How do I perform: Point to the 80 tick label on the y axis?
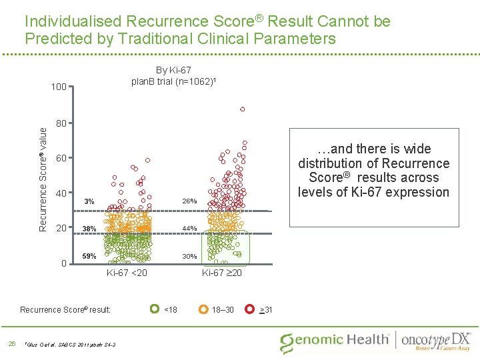pyautogui.click(x=61, y=123)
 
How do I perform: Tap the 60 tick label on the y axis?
pyautogui.click(x=61, y=159)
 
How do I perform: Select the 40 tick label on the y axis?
pyautogui.click(x=61, y=193)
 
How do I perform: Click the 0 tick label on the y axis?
pyautogui.click(x=63, y=263)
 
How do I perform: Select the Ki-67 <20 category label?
pyautogui.click(x=127, y=272)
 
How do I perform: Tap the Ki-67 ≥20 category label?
pyautogui.click(x=222, y=272)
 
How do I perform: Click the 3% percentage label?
pyautogui.click(x=89, y=201)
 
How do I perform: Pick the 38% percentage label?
pyautogui.click(x=89, y=229)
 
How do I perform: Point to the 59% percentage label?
pyautogui.click(x=89, y=256)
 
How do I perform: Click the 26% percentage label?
pyautogui.click(x=189, y=201)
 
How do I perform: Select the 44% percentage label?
pyautogui.click(x=189, y=229)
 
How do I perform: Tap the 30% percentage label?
pyautogui.click(x=189, y=256)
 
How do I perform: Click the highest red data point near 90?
pyautogui.click(x=243, y=109)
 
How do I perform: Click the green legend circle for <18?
pyautogui.click(x=154, y=309)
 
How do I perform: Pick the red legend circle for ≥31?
pyautogui.click(x=249, y=309)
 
